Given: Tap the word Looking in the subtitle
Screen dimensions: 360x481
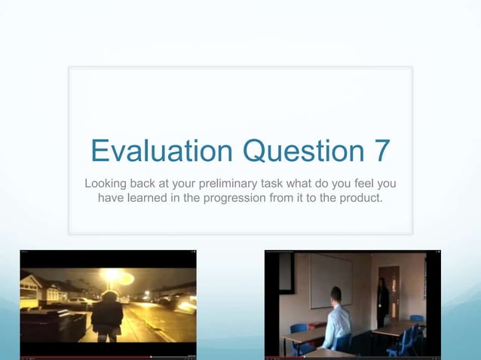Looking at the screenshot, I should pos(106,184).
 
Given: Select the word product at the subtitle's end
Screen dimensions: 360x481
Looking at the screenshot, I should pos(360,197).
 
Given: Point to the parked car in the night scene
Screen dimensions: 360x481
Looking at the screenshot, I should pos(78,302).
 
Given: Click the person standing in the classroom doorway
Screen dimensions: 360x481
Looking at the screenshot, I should pos(383,302).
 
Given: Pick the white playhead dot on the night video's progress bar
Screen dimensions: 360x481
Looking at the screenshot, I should pos(151,356).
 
